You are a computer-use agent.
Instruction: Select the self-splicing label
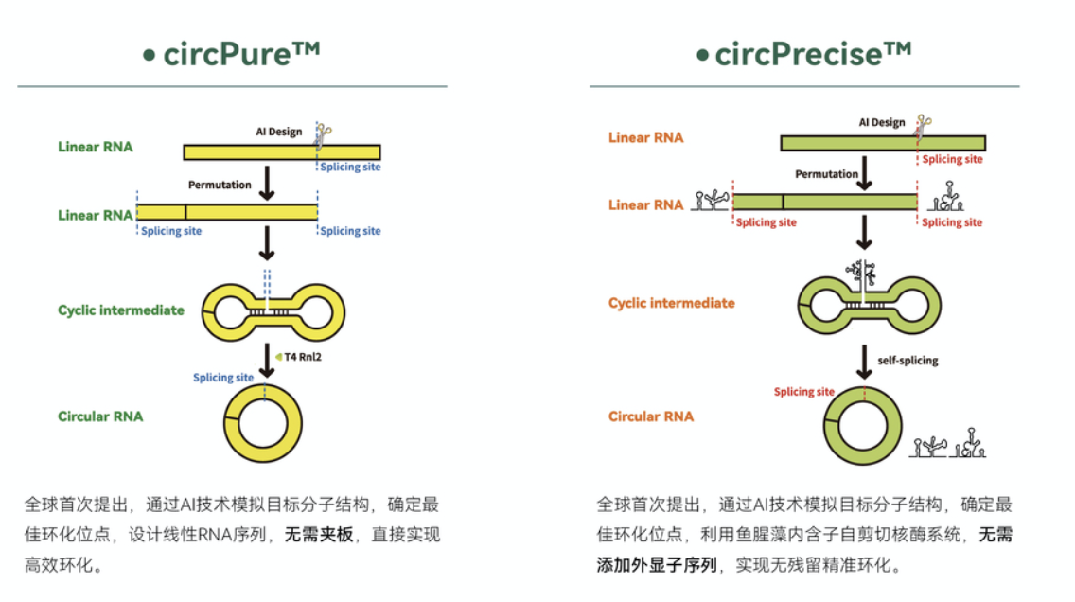point(908,360)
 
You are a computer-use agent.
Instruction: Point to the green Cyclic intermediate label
point(121,310)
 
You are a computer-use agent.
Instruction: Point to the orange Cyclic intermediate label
point(671,303)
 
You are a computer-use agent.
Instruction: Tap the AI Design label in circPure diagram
point(279,132)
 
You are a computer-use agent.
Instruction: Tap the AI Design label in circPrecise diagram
point(882,122)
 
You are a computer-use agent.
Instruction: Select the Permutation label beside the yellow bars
point(220,185)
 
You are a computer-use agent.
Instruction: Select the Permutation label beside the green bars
point(826,174)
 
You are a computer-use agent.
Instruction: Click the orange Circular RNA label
point(651,416)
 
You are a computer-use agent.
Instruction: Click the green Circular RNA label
point(100,416)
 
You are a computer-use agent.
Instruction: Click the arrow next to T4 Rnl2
point(268,361)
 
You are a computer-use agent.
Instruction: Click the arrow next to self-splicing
point(865,362)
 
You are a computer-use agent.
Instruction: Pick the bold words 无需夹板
point(319,535)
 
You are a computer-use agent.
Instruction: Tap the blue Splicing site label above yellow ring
point(222,377)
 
